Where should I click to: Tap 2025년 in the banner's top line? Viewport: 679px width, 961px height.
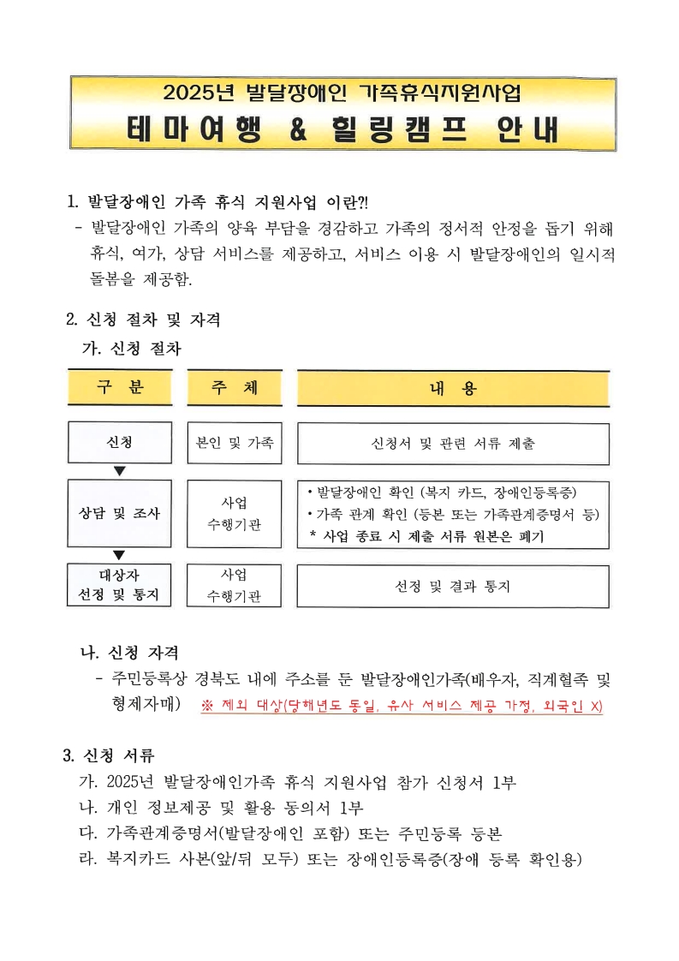pyautogui.click(x=200, y=92)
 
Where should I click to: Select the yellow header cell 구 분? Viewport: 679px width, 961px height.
pyautogui.click(x=120, y=387)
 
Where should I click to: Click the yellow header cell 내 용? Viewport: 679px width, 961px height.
pyautogui.click(x=453, y=388)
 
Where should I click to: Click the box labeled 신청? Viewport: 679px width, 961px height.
pyautogui.click(x=120, y=443)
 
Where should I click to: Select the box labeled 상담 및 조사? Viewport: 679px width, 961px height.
pyautogui.click(x=120, y=514)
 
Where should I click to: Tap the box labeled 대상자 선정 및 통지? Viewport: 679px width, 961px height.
pyautogui.click(x=120, y=583)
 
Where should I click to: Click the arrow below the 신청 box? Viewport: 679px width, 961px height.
pyautogui.click(x=120, y=470)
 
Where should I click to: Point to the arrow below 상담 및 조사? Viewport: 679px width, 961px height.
pyautogui.click(x=120, y=554)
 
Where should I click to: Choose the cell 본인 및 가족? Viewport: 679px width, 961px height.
pyautogui.click(x=234, y=443)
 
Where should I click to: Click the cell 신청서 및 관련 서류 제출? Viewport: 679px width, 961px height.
pyautogui.click(x=453, y=444)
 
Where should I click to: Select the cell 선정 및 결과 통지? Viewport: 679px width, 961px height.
pyautogui.click(x=453, y=587)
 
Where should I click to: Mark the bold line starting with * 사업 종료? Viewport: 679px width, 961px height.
pyautogui.click(x=426, y=536)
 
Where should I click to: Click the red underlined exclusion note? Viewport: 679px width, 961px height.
pyautogui.click(x=402, y=707)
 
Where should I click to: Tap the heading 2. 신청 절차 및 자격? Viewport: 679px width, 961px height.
pyautogui.click(x=143, y=320)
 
